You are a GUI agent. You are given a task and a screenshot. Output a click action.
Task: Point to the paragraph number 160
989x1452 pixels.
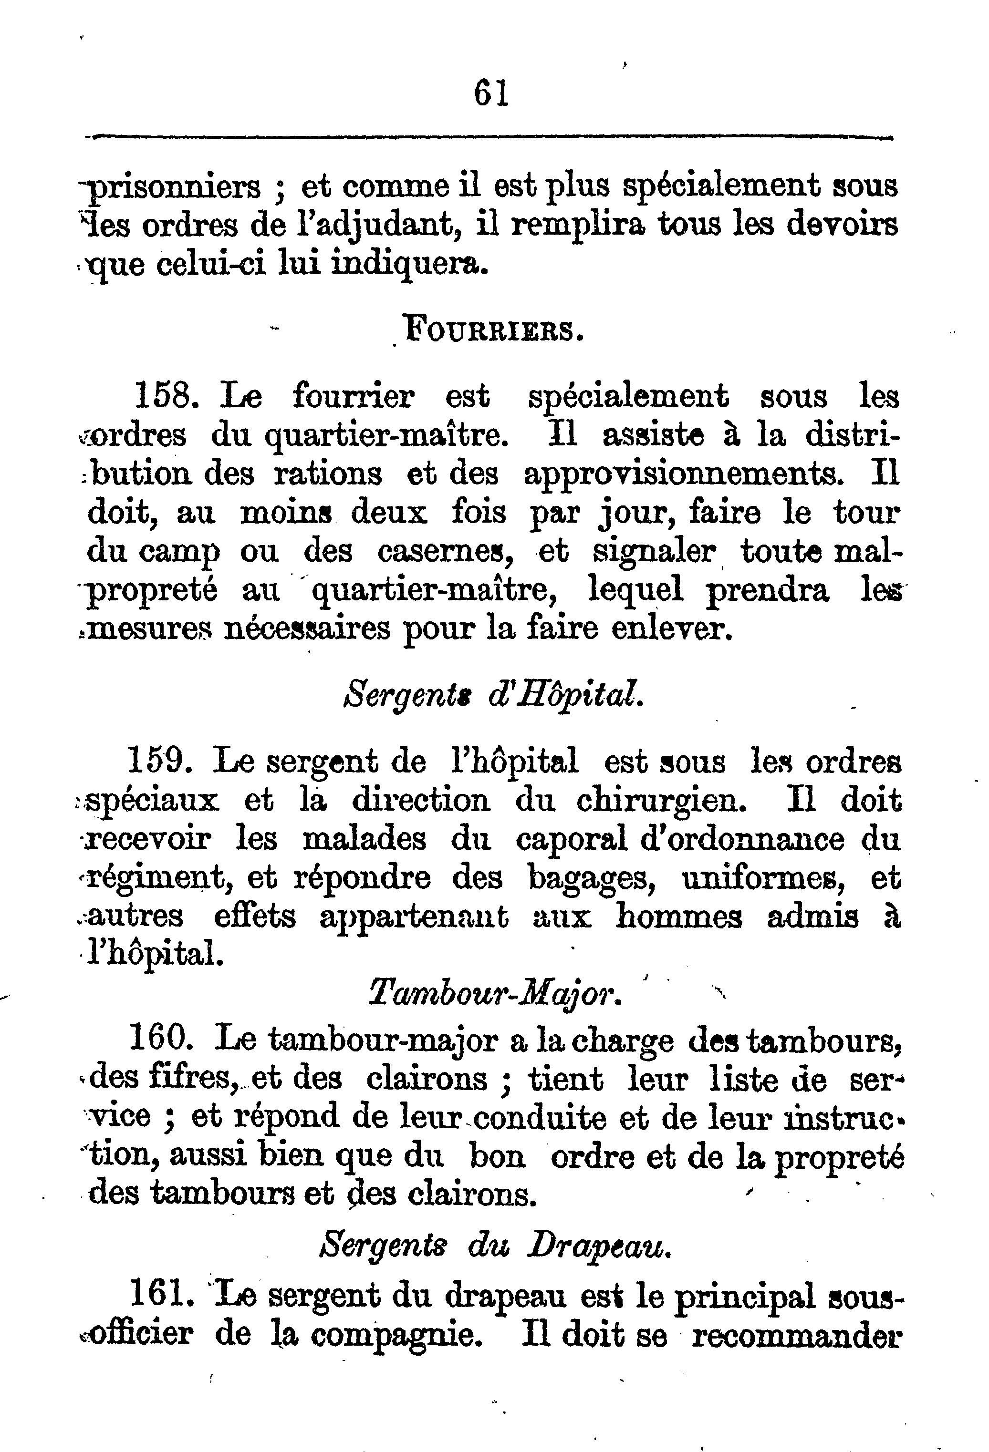click(x=159, y=1041)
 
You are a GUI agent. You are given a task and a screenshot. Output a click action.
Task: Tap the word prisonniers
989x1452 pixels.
click(x=174, y=187)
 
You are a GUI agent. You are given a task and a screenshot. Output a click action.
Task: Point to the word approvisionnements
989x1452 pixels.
click(x=685, y=475)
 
